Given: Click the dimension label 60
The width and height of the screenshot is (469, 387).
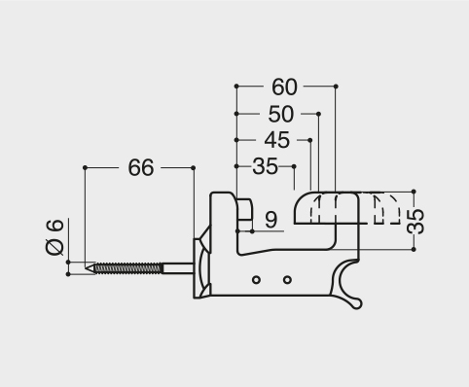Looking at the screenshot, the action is click(x=284, y=87).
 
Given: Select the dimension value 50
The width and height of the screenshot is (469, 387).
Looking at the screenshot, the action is click(x=281, y=114).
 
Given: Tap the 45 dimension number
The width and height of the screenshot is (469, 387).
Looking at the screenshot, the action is click(x=276, y=140).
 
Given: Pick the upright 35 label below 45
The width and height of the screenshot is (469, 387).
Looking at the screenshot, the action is click(x=266, y=166).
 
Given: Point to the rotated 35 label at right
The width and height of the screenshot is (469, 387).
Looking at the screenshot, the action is click(x=415, y=221).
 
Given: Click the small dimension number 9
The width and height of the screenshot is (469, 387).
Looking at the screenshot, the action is click(x=271, y=220).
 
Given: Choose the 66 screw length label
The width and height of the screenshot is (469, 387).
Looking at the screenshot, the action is click(x=140, y=167).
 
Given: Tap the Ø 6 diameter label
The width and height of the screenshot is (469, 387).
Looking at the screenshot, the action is click(x=54, y=236).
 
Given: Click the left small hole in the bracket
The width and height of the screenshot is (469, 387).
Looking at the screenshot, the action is click(x=256, y=280).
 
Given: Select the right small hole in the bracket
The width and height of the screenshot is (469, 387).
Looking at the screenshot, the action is click(x=287, y=280).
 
